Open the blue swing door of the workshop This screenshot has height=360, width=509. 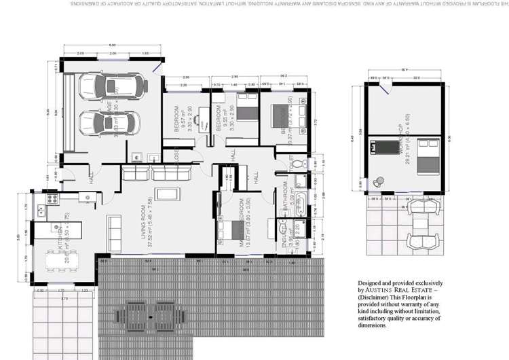384,86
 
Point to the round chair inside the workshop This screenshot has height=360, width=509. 379,181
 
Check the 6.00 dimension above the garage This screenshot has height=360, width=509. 112,46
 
